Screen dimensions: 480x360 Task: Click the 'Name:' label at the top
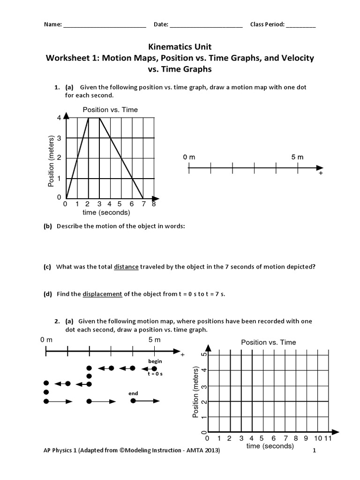coord(52,25)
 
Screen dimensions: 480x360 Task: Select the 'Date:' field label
coord(161,25)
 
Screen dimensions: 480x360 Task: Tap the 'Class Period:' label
coord(267,25)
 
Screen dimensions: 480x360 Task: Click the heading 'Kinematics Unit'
coord(180,47)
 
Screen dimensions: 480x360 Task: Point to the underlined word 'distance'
coord(126,267)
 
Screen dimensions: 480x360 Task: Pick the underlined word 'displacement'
coord(103,294)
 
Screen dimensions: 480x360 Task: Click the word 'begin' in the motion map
coord(155,361)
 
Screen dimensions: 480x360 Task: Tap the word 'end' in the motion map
coord(133,393)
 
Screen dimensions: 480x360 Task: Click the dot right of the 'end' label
coord(133,401)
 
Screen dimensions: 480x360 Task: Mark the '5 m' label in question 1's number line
coord(297,157)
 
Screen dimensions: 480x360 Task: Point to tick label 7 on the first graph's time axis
coord(143,204)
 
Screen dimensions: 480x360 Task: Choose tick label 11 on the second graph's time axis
coord(328,438)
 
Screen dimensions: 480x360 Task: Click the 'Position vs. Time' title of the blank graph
coord(268,342)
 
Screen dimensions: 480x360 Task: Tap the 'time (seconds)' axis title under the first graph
coord(106,212)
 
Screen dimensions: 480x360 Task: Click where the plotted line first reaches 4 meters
coord(89,118)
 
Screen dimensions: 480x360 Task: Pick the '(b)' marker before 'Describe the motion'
coord(47,226)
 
